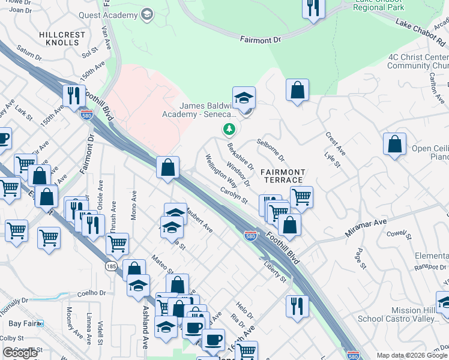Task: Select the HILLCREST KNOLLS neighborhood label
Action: (x=62, y=40)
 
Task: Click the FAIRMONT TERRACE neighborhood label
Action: (x=282, y=176)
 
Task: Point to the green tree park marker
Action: (x=229, y=129)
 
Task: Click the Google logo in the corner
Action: (x=20, y=353)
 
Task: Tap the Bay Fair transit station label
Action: (x=23, y=323)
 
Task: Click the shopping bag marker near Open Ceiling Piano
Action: (x=394, y=145)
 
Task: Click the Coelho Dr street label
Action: (x=92, y=293)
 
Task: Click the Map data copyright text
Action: (x=412, y=355)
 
